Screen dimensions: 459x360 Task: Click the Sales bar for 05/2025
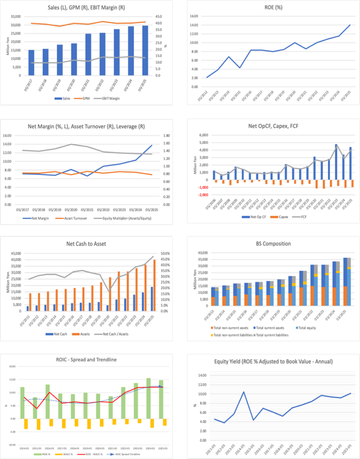145,50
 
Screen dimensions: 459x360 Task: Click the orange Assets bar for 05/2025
154,285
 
